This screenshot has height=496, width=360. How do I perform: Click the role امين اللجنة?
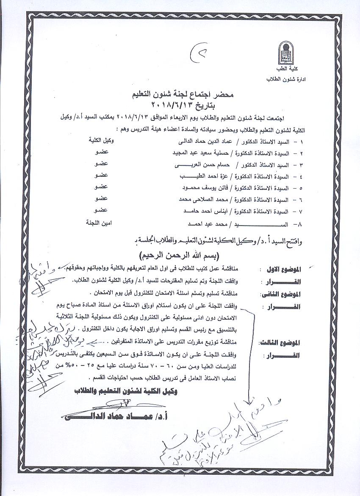[x=98, y=223]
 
